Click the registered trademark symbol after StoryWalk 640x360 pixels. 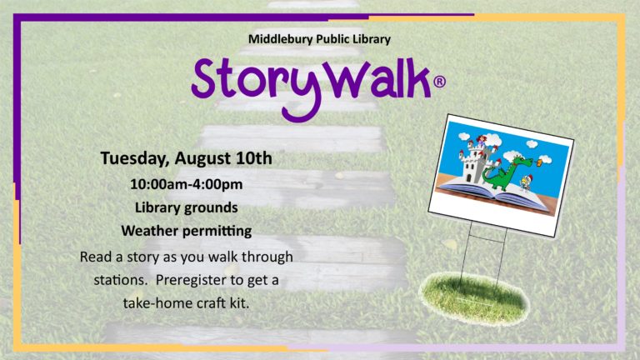439,82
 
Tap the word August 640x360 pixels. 203,159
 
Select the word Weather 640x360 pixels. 149,231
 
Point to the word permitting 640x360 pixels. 217,232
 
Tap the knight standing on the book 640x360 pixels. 525,182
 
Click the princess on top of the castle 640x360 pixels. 481,141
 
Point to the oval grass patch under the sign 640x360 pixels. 475,298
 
